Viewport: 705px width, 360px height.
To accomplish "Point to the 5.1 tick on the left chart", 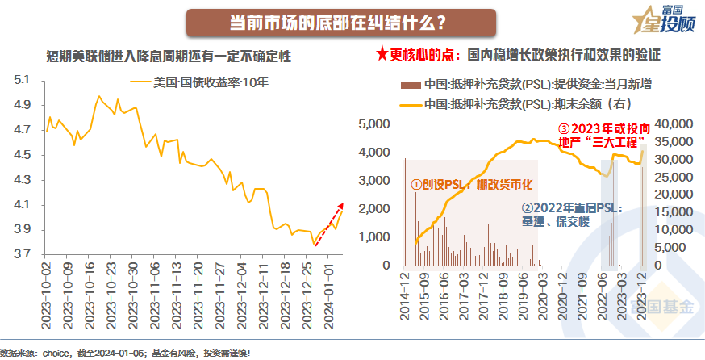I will [x=22, y=80].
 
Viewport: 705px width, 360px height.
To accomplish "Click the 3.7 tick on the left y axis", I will [x=22, y=254].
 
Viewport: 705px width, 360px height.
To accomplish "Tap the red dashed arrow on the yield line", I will [x=329, y=220].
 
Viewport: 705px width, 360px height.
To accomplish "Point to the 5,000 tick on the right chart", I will [x=373, y=124].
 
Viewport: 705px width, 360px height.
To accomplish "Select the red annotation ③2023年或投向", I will [x=602, y=129].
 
